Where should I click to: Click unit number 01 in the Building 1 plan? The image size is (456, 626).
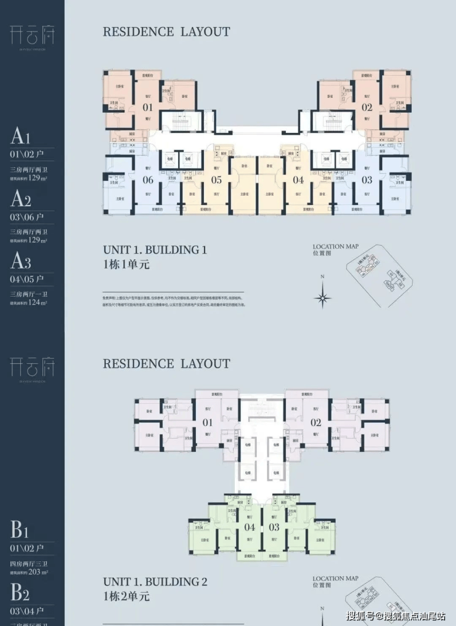point(148,107)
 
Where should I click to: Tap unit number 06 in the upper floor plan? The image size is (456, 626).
point(148,180)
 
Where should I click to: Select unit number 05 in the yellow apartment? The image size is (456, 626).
point(216,180)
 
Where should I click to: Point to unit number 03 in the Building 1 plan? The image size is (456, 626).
point(367,180)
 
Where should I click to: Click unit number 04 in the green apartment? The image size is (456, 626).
point(250,527)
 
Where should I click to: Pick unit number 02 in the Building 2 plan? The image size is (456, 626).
point(316,422)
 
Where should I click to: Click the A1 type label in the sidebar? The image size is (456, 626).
point(20,136)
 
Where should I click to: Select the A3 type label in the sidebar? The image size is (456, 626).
point(21,262)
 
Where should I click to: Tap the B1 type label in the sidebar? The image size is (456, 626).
point(20,530)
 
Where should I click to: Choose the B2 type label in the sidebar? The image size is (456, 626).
point(21,592)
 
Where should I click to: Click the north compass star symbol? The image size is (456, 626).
point(322,299)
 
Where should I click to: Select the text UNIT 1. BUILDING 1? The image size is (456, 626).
point(155,250)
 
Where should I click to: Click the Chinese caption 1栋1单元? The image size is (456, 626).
point(126,265)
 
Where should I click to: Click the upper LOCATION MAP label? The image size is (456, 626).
point(335,246)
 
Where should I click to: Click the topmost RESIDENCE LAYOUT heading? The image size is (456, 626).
point(166,31)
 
